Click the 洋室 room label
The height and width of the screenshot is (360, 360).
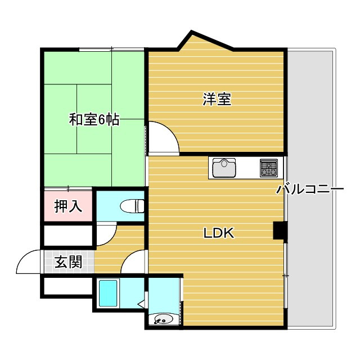(x=217, y=100)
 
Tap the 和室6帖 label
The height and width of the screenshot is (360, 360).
(x=94, y=119)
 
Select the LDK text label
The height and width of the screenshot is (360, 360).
(x=218, y=233)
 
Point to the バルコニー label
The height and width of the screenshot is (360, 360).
(x=309, y=189)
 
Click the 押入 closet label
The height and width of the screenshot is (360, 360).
(x=68, y=206)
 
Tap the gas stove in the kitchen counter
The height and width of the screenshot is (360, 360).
(x=268, y=167)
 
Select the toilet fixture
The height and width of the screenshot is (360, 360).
(x=133, y=206)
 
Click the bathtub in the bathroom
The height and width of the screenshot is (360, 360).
(x=107, y=292)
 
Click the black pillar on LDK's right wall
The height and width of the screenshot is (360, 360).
(x=280, y=231)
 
